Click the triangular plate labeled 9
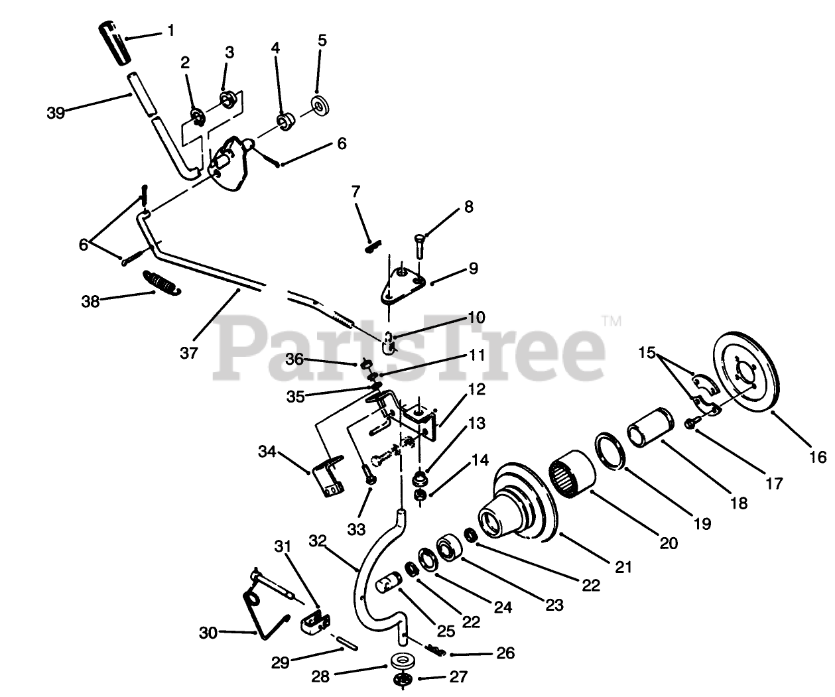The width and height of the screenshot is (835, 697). coord(403,282)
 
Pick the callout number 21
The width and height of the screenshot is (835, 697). coord(623,568)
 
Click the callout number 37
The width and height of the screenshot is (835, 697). coord(189,353)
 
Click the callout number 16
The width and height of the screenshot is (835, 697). coord(817,456)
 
